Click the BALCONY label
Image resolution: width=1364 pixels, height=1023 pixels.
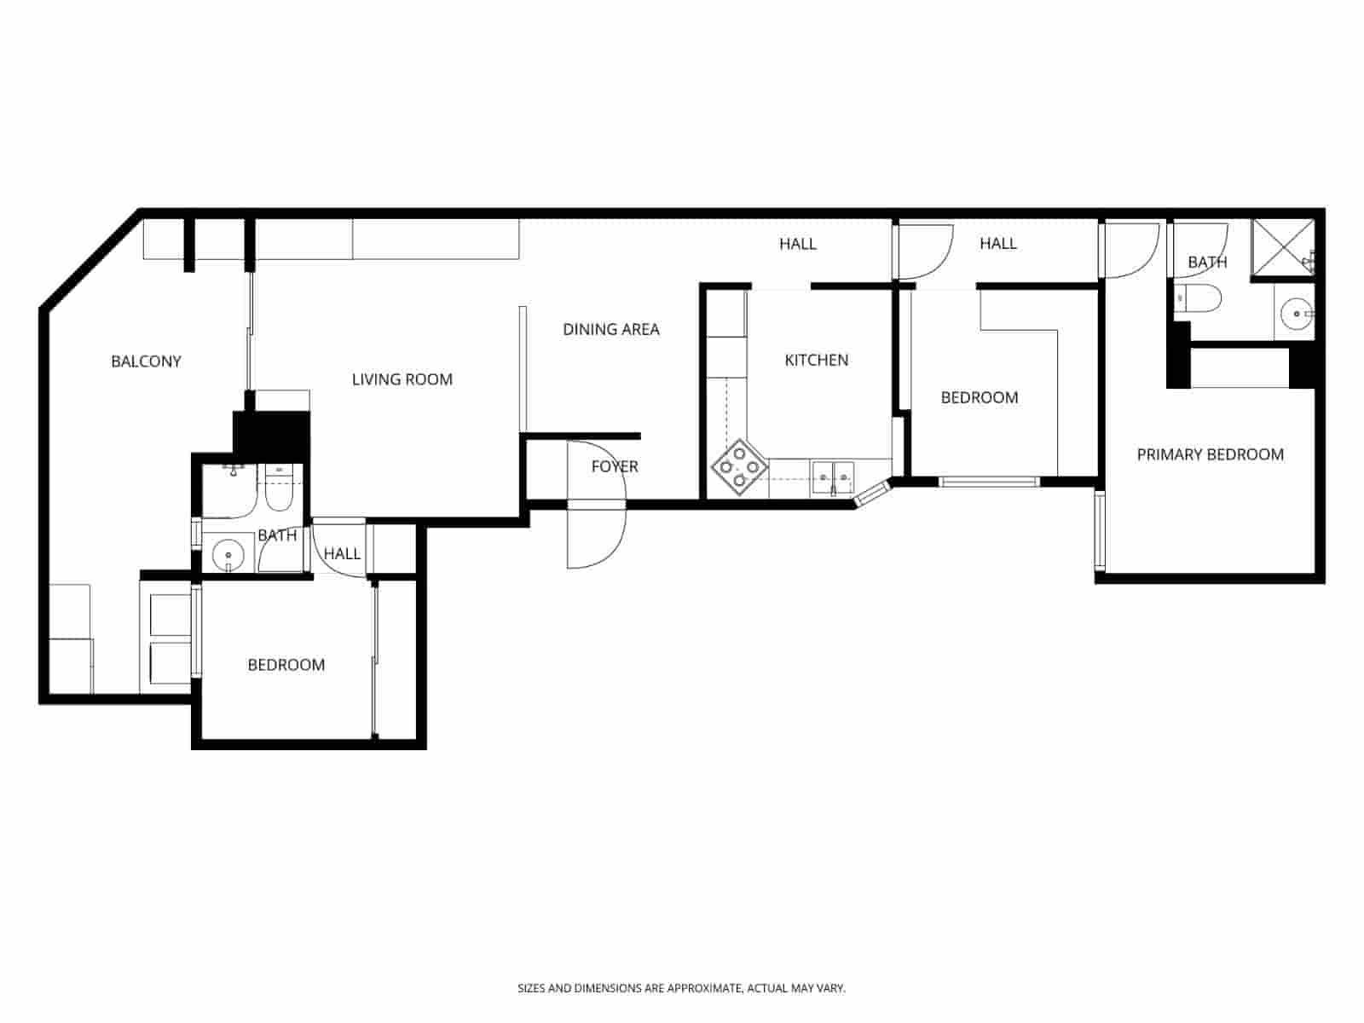click(x=146, y=361)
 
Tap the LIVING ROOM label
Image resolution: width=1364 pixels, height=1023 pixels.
click(x=402, y=379)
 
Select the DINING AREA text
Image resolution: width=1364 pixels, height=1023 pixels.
click(x=610, y=329)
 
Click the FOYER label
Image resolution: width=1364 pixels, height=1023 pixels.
click(x=614, y=466)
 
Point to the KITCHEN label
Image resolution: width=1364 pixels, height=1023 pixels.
click(x=816, y=360)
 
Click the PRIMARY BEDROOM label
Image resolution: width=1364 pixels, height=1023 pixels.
click(x=1210, y=454)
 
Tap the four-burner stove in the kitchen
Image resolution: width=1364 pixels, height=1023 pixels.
click(x=738, y=467)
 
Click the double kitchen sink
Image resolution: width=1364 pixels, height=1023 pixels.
click(x=832, y=478)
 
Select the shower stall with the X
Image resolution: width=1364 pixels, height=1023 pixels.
click(x=1282, y=248)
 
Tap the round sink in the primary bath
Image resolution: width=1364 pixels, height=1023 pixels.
click(x=1297, y=314)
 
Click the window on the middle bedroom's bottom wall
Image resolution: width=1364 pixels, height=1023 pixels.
click(x=989, y=482)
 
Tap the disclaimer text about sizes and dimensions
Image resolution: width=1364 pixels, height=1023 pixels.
click(x=681, y=989)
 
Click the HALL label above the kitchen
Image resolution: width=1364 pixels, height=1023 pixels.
click(x=797, y=244)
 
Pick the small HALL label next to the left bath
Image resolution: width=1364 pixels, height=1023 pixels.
click(x=342, y=554)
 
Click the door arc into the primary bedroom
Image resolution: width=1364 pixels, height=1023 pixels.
click(x=1132, y=249)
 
